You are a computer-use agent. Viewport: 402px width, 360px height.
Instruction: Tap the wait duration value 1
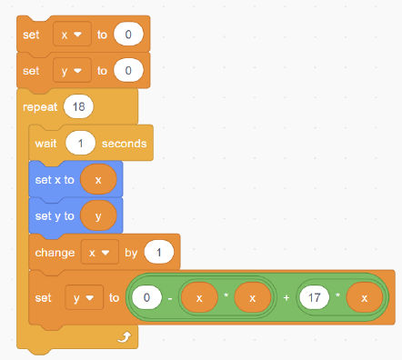(x=81, y=144)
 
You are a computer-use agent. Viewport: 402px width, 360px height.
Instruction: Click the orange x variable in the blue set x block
(x=98, y=179)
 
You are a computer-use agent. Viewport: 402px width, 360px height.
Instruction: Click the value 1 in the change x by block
(x=159, y=251)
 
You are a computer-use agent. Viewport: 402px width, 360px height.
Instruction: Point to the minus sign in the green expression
(x=170, y=297)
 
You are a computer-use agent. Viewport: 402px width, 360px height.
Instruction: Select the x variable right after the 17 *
(x=364, y=297)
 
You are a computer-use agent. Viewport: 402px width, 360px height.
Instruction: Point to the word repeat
(x=39, y=106)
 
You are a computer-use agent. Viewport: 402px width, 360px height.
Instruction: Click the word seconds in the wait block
(x=127, y=144)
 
